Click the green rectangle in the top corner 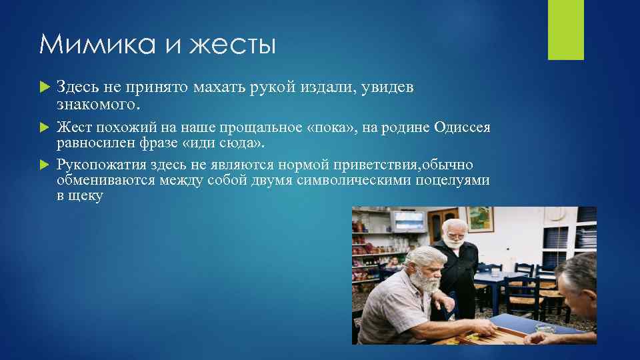tap(565, 30)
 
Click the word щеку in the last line tap(87, 197)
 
